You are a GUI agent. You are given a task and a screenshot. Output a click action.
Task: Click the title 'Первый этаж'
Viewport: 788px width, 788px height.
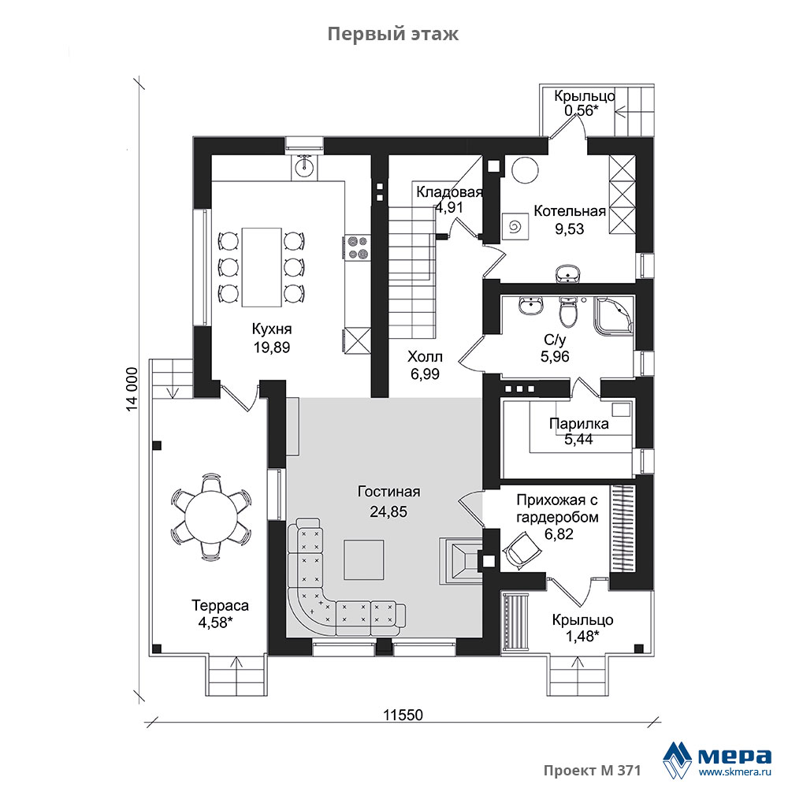pyautogui.click(x=393, y=34)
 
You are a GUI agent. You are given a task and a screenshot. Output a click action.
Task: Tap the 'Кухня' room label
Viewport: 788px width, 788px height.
pyautogui.click(x=271, y=329)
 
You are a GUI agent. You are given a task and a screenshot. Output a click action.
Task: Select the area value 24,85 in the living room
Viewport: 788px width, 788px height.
pyautogui.click(x=388, y=511)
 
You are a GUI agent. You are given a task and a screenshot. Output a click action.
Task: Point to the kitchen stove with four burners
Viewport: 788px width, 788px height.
pyautogui.click(x=357, y=248)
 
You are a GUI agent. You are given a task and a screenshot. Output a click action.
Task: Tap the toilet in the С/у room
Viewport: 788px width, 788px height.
pyautogui.click(x=568, y=310)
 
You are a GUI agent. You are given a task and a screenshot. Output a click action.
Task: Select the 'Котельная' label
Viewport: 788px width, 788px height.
pyautogui.click(x=570, y=211)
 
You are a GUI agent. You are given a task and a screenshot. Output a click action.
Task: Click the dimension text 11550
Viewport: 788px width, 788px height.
pyautogui.click(x=403, y=715)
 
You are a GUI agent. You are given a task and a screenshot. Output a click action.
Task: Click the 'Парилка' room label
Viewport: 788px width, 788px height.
pyautogui.click(x=578, y=424)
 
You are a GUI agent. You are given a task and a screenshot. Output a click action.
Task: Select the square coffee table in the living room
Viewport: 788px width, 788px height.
pyautogui.click(x=364, y=559)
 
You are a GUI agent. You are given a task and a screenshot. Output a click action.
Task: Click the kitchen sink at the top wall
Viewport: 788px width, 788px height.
pyautogui.click(x=304, y=165)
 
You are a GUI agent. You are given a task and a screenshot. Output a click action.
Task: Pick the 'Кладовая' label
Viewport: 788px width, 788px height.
pyautogui.click(x=449, y=192)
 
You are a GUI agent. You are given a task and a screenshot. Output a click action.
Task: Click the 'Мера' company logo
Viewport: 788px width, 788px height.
pyautogui.click(x=717, y=759)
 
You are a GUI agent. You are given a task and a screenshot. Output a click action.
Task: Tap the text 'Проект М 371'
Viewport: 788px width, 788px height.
pyautogui.click(x=592, y=771)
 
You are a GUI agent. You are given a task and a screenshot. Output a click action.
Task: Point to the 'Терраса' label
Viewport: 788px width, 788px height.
pyautogui.click(x=220, y=605)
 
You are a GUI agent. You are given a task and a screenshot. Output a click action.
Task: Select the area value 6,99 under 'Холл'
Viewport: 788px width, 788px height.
pyautogui.click(x=425, y=374)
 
